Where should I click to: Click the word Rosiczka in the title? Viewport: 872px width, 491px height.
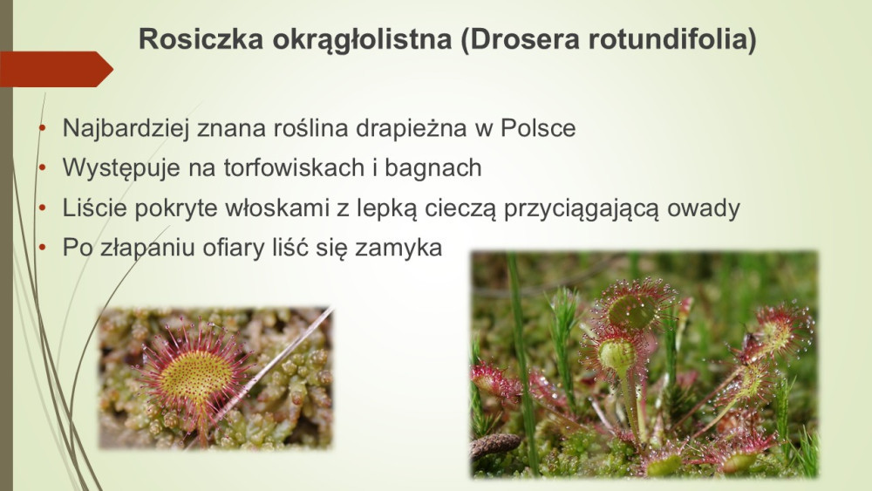(201, 39)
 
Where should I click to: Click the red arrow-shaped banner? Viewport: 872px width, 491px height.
(56, 69)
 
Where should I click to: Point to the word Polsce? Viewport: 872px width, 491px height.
(538, 128)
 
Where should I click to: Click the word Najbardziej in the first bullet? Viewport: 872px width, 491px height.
(126, 128)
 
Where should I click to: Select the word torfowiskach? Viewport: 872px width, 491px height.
(294, 168)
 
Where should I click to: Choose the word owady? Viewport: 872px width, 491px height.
(704, 208)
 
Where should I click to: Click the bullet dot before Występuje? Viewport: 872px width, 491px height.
(42, 167)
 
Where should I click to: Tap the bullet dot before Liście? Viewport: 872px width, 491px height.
(42, 208)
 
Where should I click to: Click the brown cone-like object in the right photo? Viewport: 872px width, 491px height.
(495, 445)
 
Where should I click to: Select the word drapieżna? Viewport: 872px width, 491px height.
(411, 128)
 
